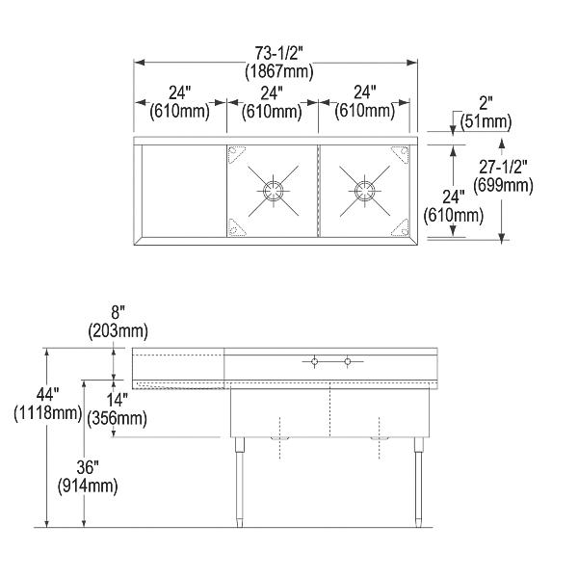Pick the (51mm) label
coord(486,121)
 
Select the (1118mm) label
coord(47,413)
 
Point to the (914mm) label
coord(88,486)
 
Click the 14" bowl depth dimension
coord(116,401)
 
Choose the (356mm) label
coord(116,418)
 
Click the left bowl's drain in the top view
coord(271,188)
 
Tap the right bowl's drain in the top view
coord(364,188)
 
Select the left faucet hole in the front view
coord(314,362)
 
